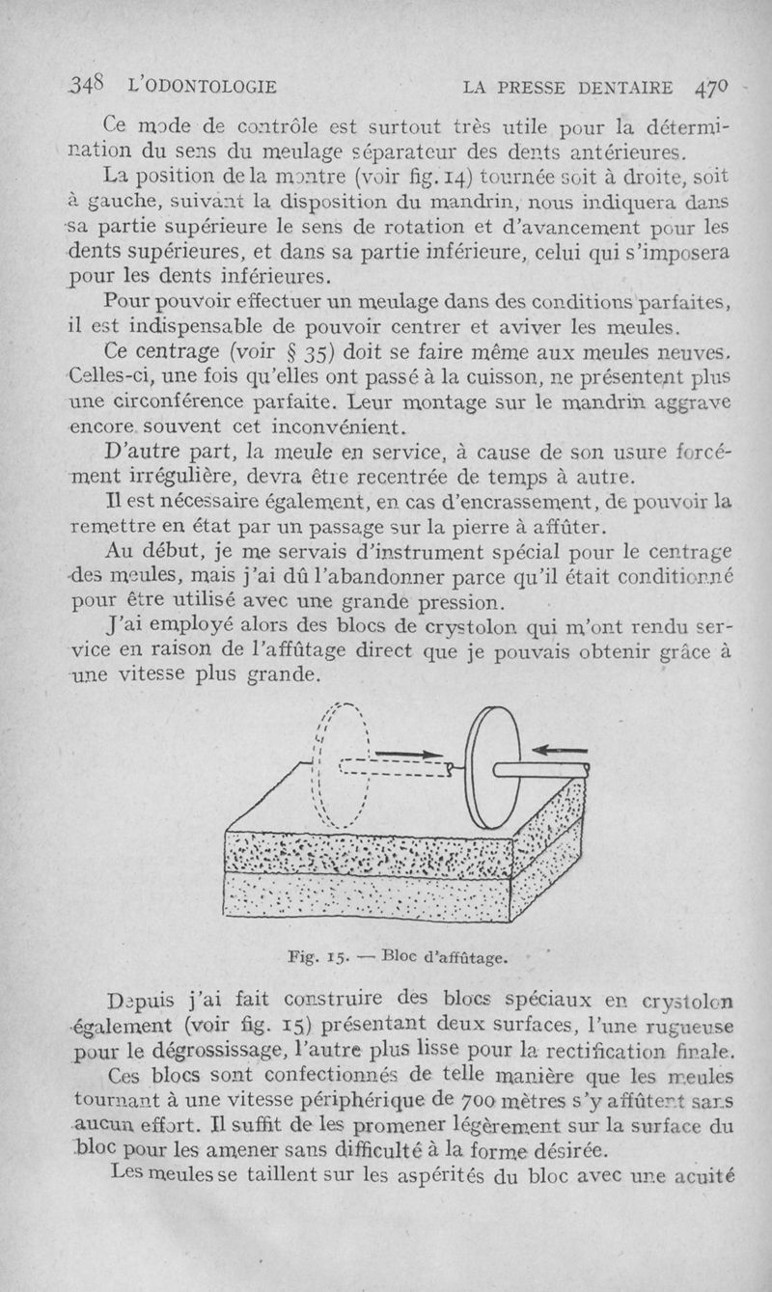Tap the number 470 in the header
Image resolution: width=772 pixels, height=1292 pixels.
coord(714,86)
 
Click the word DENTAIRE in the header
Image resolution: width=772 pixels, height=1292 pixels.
coord(627,87)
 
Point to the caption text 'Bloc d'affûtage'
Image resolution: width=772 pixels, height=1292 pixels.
coord(451,959)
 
